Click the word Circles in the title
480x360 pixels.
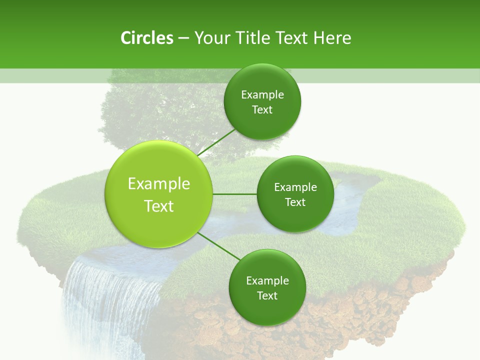[x=147, y=38]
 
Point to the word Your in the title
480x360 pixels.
[x=211, y=38]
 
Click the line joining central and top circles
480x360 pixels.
[x=217, y=142]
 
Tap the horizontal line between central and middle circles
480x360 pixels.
[x=234, y=194]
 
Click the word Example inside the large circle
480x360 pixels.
[x=158, y=184]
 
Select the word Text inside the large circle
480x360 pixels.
[x=158, y=206]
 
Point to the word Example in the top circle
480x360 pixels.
[x=262, y=94]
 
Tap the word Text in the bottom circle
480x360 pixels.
[x=267, y=295]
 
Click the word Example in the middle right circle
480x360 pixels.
[x=295, y=187]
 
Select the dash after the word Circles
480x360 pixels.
[x=183, y=38]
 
